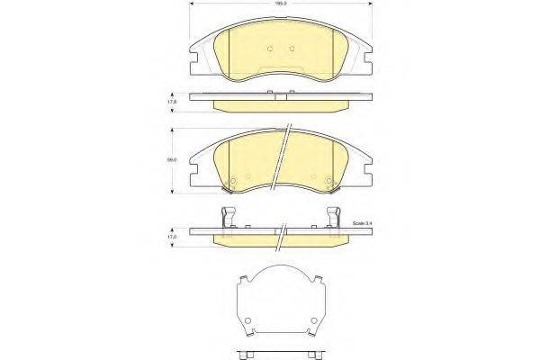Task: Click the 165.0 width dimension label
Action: coord(281,5)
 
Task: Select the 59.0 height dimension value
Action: coord(169,161)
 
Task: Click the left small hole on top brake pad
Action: coord(271,49)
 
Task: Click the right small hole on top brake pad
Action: coord(292,49)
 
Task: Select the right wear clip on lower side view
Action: coord(335,219)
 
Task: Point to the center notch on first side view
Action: coord(282,95)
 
